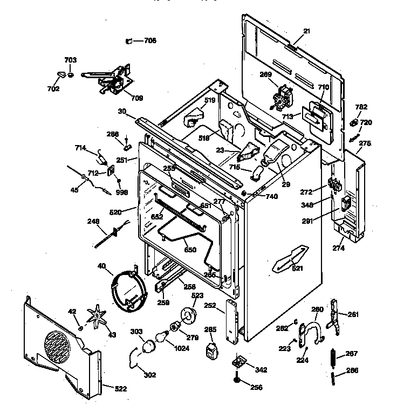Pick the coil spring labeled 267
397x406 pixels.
point(334,357)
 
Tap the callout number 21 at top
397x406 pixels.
point(306,31)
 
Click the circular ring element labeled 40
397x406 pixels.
point(128,292)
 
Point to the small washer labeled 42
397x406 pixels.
point(80,328)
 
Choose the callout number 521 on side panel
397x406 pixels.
point(297,268)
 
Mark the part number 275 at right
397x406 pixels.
point(365,143)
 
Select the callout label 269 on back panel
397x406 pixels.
point(266,75)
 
